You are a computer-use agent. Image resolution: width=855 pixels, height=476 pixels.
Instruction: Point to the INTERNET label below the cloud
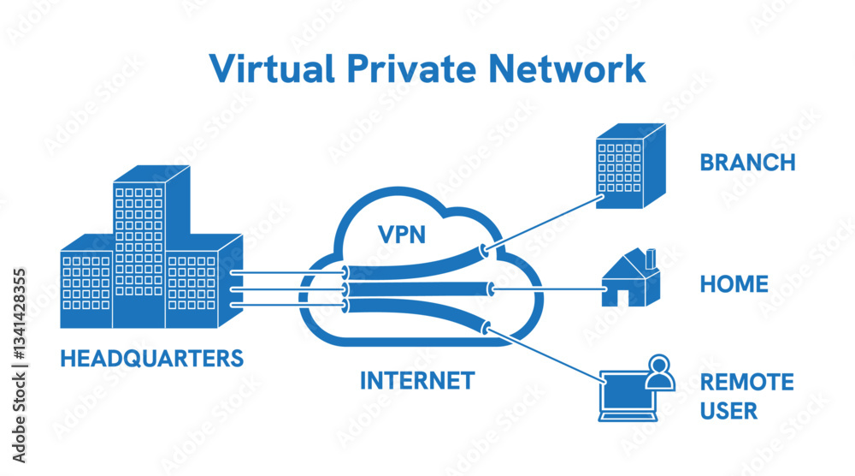(x=416, y=380)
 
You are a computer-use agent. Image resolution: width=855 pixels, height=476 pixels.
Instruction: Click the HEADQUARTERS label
(x=151, y=358)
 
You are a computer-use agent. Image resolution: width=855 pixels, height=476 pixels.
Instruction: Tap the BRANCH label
(x=747, y=163)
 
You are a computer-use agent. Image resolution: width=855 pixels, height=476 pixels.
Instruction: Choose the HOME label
(x=734, y=284)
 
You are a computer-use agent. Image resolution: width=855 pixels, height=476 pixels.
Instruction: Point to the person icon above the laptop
(x=658, y=372)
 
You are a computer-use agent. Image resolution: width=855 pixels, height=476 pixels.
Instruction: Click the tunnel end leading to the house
(x=491, y=289)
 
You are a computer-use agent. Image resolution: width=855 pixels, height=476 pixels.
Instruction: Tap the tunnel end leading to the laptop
(x=486, y=326)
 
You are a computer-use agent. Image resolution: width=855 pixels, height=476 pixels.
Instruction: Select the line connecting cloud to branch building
(x=543, y=224)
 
